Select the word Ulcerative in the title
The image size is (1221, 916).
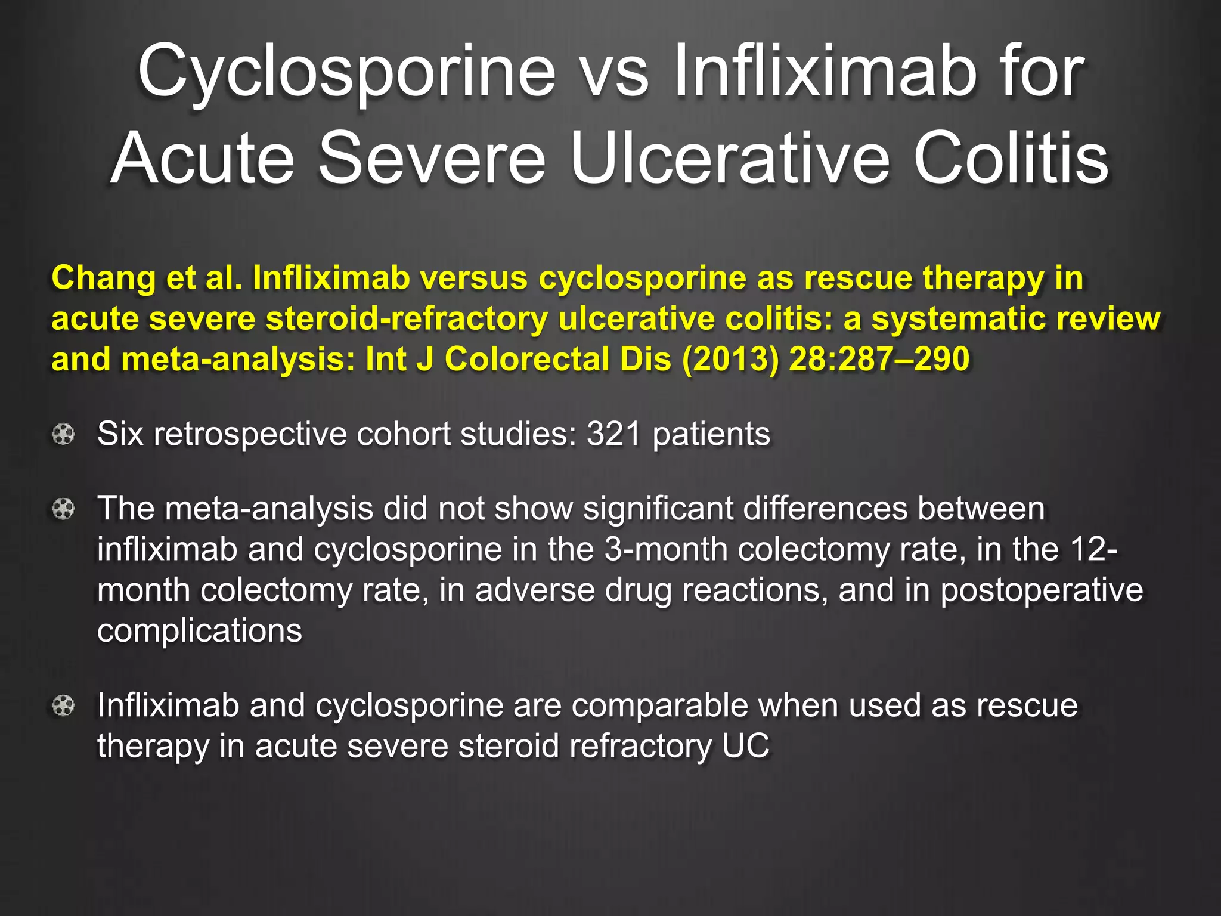[x=730, y=159]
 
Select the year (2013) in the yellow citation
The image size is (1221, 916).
[x=730, y=359]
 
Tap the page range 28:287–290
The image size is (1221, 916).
[x=879, y=359]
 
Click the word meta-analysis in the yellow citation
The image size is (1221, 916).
[x=238, y=359]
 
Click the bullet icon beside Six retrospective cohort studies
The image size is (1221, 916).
[x=63, y=434]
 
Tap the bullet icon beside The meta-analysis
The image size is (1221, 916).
[x=63, y=509]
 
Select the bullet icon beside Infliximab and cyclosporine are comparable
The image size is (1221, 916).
[x=63, y=706]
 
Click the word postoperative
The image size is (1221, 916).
[x=1042, y=590]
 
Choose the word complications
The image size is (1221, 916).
[x=200, y=630]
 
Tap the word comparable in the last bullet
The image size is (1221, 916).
[x=659, y=705]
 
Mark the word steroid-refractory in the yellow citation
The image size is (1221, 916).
[x=407, y=319]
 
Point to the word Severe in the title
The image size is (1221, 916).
[x=432, y=159]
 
